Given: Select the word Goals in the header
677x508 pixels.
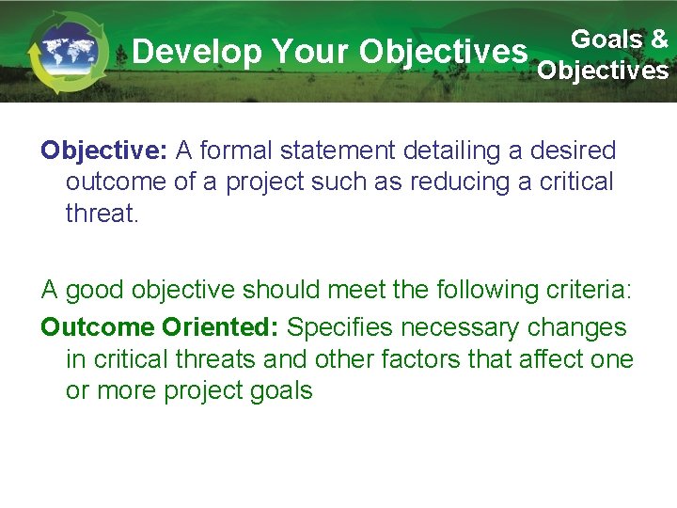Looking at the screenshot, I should coord(606,39).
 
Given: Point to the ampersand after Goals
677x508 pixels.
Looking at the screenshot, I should coord(658,39).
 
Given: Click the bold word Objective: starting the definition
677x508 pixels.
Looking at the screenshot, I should coord(103,151).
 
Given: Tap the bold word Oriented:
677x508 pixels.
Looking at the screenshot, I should coord(220,328).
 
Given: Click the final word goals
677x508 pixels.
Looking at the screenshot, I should coord(278,390).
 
